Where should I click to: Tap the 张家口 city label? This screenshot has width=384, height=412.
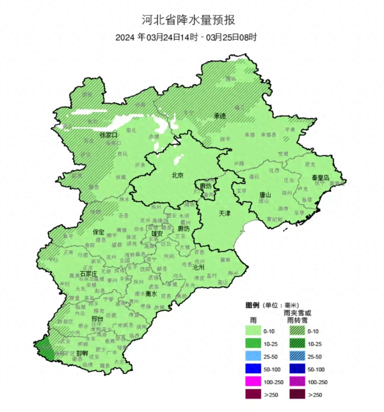tap(108, 135)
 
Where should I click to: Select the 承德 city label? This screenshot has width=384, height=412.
tap(220, 115)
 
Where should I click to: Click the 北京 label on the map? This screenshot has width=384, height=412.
tap(177, 175)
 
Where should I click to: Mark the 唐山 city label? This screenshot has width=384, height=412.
tap(265, 195)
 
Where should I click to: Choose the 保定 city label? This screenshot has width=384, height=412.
tap(99, 232)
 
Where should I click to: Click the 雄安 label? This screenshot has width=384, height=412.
tap(157, 233)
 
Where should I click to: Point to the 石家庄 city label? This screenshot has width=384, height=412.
tap(89, 274)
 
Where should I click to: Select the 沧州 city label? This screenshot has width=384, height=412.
tap(198, 267)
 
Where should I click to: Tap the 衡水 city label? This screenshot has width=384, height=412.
tap(151, 294)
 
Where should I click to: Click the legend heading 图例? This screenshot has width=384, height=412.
tap(252, 305)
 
